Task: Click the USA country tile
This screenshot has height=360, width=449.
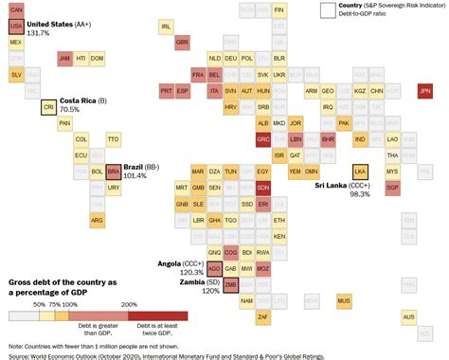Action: pyautogui.click(x=16, y=27)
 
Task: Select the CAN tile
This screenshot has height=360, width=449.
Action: pyautogui.click(x=16, y=9)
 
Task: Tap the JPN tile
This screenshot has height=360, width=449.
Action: pyautogui.click(x=424, y=91)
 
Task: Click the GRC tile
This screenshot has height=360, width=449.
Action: pyautogui.click(x=263, y=139)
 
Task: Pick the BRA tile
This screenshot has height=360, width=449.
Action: pyautogui.click(x=114, y=171)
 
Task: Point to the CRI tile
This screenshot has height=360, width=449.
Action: pyautogui.click(x=48, y=108)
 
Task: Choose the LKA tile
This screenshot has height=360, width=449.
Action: pyautogui.click(x=359, y=171)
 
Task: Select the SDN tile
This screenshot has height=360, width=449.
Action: pyautogui.click(x=263, y=188)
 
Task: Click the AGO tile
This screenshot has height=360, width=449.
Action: pyautogui.click(x=215, y=268)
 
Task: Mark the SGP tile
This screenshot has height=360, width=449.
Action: pyautogui.click(x=392, y=188)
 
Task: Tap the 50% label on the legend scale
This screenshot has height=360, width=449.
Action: pyautogui.click(x=39, y=304)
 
